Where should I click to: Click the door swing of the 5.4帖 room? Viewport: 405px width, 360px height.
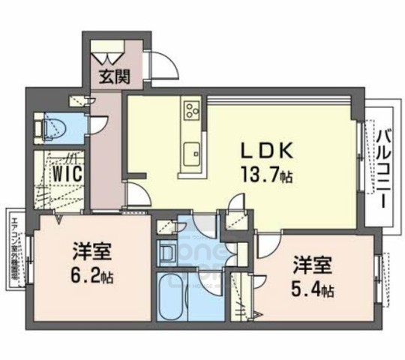click(266, 247)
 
